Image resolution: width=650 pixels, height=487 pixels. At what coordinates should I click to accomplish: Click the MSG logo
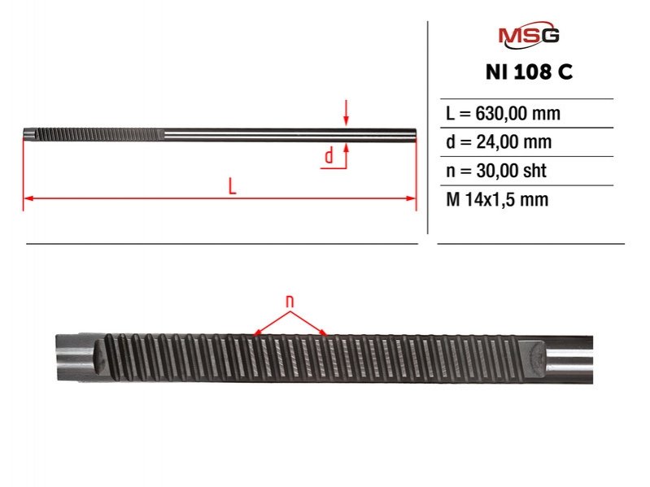529,35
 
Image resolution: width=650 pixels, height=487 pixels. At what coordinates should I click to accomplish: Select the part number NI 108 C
529,72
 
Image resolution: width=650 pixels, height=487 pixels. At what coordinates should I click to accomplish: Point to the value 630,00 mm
517,114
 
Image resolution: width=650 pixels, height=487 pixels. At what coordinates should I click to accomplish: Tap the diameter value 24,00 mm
514,142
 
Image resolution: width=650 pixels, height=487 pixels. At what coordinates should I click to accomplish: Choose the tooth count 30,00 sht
511,171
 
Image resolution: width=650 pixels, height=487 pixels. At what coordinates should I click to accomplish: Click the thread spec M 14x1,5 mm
497,200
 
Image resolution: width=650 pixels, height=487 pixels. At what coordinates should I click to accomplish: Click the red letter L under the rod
232,186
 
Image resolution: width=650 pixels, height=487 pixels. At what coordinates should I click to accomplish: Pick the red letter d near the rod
329,156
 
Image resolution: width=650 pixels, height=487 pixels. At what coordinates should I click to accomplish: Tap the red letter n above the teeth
290,301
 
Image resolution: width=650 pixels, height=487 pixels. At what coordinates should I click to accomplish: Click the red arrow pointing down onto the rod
346,113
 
